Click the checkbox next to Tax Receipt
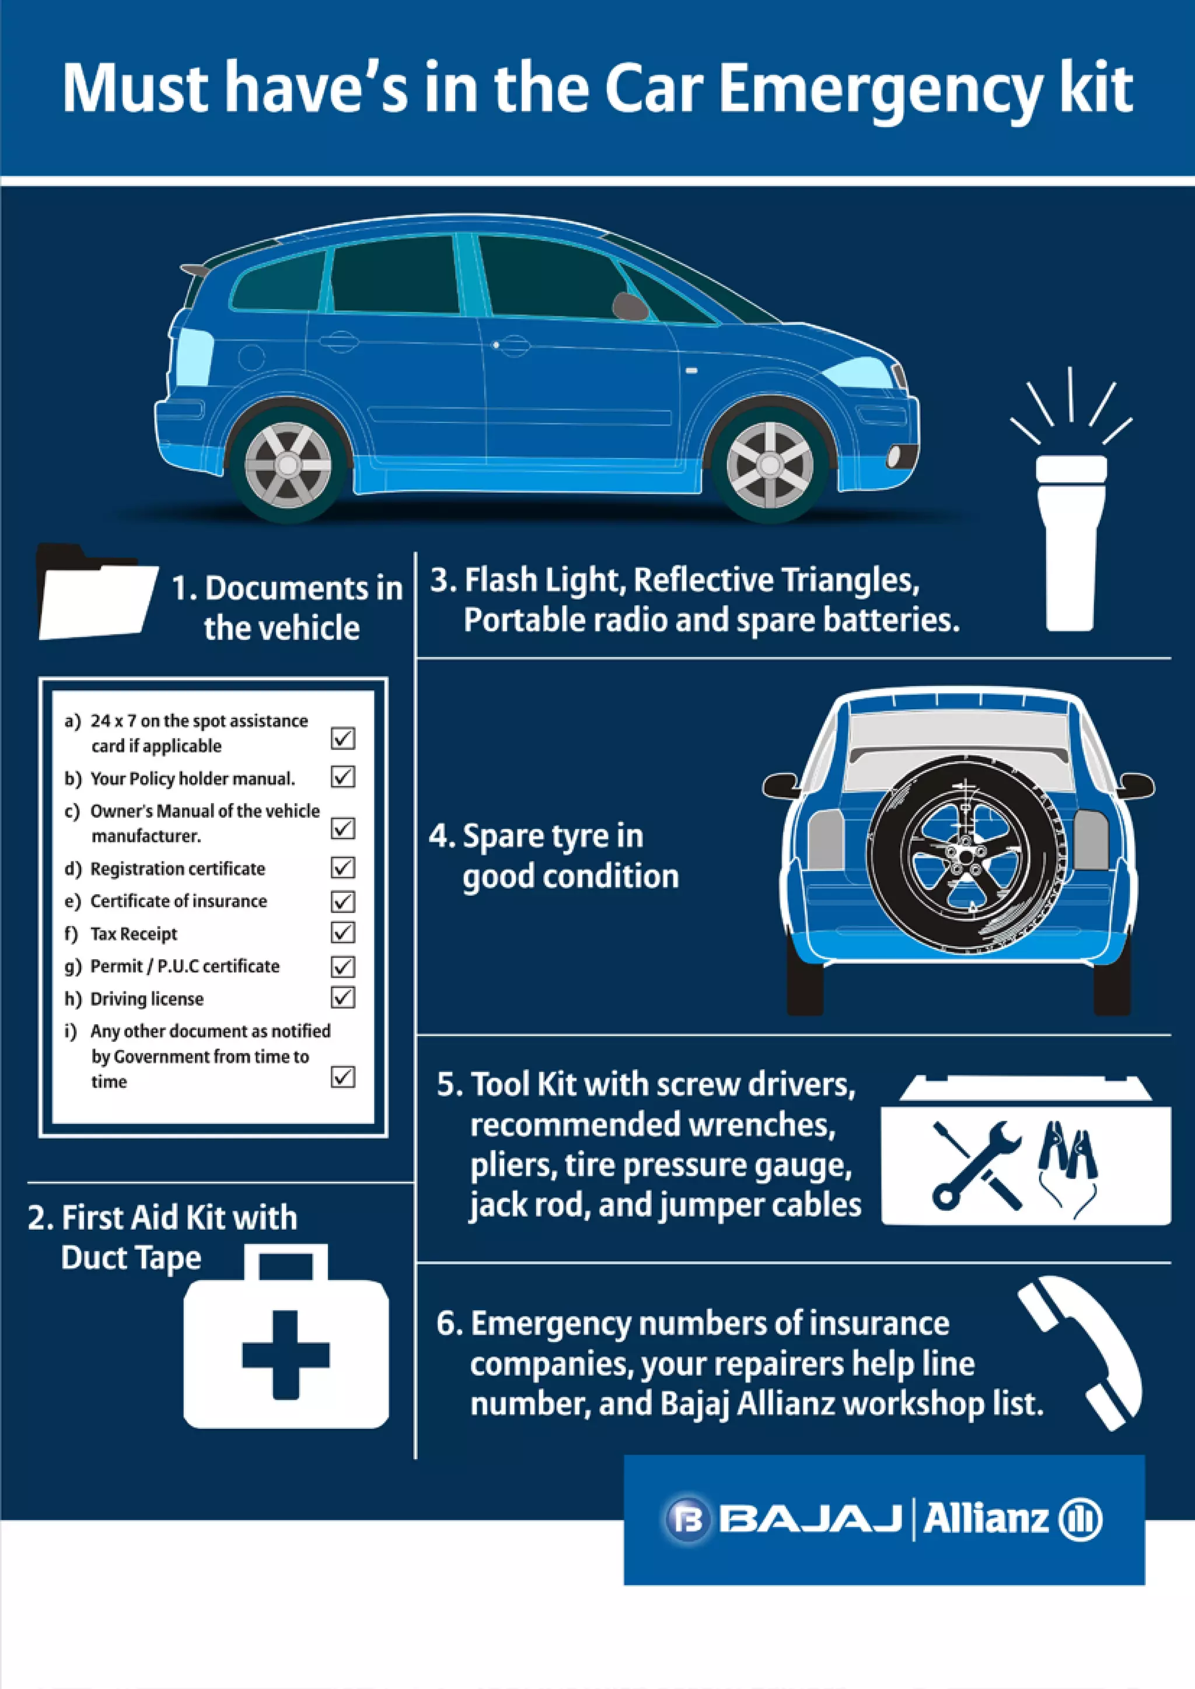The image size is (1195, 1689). [343, 933]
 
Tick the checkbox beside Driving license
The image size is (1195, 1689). [343, 997]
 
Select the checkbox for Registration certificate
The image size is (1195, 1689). [343, 868]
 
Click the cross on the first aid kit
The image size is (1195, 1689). [285, 1354]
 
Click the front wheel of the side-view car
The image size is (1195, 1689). [770, 465]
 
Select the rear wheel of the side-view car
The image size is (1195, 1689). [288, 465]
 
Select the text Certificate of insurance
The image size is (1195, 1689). [178, 901]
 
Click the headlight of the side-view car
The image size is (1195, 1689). [857, 372]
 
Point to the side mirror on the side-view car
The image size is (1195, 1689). [629, 305]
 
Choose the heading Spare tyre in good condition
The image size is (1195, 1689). [553, 856]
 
